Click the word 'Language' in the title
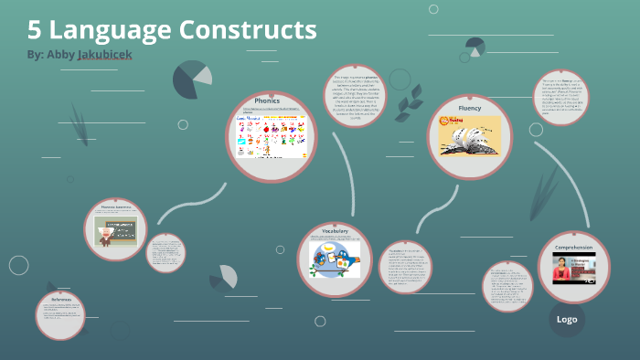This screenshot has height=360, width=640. coord(112,30)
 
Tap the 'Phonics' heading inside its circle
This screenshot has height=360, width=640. coord(267,101)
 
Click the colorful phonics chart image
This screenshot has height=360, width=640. coord(270,134)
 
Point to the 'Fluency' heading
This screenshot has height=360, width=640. coord(469,108)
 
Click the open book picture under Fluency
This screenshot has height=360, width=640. coord(469,137)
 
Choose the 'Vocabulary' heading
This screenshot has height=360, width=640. coord(335,232)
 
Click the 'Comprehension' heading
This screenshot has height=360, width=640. coord(573,248)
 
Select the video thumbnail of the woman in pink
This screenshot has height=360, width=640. coord(573,270)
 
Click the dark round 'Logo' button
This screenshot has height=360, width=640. coord(567,320)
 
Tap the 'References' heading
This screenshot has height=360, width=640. coord(61,299)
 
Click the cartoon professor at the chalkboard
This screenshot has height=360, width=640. coord(115,230)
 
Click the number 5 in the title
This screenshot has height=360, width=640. coord(34,30)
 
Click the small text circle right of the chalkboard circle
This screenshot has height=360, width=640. coord(166,252)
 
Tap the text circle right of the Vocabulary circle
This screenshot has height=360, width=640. coord(405,267)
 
